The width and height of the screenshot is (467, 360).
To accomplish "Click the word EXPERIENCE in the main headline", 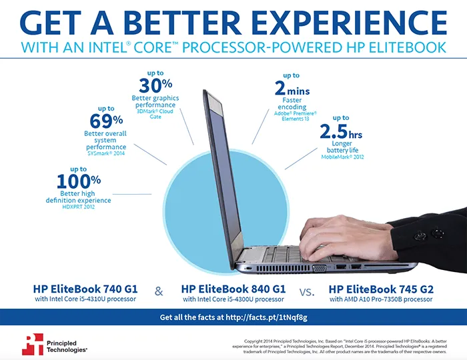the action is [x=350, y=23].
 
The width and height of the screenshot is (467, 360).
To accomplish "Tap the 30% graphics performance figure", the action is [x=155, y=86].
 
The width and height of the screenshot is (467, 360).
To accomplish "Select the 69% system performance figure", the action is [x=106, y=121].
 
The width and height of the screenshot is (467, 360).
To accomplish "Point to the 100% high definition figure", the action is [x=79, y=181].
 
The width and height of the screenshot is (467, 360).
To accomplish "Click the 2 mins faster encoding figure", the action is [x=292, y=89].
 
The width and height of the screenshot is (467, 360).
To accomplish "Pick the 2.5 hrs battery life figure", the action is [x=341, y=132].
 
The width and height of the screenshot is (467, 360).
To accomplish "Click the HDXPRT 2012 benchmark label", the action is [x=79, y=207].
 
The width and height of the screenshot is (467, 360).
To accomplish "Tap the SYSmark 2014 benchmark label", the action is [x=106, y=153].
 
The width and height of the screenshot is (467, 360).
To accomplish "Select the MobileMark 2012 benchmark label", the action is [x=342, y=157].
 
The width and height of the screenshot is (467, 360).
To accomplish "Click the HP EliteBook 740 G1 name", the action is [x=85, y=289].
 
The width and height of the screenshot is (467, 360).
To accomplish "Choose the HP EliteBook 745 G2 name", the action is [x=381, y=289].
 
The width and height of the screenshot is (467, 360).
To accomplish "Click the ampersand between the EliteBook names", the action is [x=159, y=291].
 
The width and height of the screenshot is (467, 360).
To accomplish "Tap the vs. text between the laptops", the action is [x=307, y=292].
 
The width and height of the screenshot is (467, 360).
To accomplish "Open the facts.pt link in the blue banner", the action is [x=266, y=317].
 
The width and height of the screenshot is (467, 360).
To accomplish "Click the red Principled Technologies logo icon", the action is [x=33, y=344].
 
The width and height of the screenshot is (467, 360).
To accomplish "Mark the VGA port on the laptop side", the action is [x=319, y=269].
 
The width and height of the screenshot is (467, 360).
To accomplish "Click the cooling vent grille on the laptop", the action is [x=284, y=269].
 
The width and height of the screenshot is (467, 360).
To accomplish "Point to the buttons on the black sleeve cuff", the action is [x=428, y=234].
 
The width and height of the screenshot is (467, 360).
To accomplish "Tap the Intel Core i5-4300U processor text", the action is [x=233, y=299].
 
